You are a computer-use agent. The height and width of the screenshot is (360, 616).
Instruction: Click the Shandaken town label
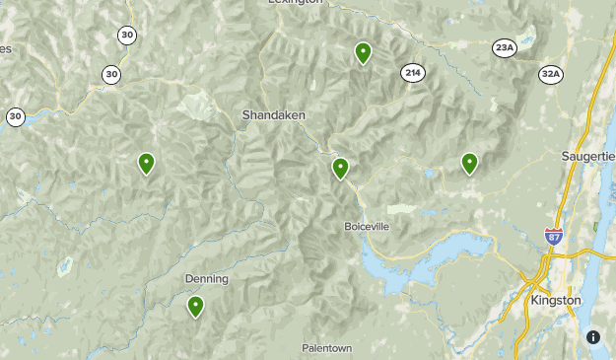(x=273, y=115)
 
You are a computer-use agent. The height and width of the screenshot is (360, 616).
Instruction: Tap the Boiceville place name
(x=367, y=226)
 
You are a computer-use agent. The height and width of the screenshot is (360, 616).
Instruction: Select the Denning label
(x=207, y=279)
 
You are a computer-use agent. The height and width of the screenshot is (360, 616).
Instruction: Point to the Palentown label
(x=326, y=348)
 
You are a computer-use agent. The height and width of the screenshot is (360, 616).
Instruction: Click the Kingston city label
(x=556, y=299)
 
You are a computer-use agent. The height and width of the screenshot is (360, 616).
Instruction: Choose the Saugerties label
(x=588, y=157)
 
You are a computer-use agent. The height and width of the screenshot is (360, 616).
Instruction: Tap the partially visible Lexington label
(x=295, y=3)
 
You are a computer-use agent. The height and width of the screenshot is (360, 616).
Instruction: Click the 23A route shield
(x=505, y=48)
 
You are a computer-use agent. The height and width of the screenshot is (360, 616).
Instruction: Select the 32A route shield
(x=551, y=74)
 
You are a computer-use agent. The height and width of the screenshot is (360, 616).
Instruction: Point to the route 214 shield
(x=412, y=72)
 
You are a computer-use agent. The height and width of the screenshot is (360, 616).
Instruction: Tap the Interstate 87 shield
(x=555, y=237)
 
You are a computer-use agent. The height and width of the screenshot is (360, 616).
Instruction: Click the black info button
(x=593, y=337)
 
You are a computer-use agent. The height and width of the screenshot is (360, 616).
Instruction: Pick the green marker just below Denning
(x=195, y=307)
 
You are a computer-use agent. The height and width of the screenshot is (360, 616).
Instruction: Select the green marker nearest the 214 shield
(x=363, y=53)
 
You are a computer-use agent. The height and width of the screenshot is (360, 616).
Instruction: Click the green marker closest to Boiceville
(x=340, y=169)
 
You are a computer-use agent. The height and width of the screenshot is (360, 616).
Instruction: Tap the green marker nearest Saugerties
(x=469, y=164)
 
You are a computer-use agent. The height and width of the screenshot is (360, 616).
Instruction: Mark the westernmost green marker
(x=146, y=163)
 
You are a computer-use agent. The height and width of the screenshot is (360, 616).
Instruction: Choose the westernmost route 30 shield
(x=15, y=116)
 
